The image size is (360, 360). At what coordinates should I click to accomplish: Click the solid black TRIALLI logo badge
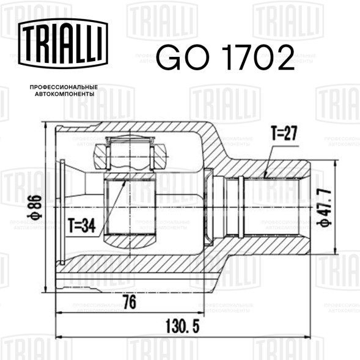63,43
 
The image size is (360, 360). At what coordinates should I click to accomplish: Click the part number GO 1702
226,57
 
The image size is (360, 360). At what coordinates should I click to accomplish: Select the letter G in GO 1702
169,57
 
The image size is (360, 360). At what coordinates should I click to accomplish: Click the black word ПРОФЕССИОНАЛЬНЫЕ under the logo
64,87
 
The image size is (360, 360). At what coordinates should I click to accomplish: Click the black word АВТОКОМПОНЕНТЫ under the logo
65,94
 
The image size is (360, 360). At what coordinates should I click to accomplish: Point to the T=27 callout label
284,133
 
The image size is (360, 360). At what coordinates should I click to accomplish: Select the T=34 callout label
82,226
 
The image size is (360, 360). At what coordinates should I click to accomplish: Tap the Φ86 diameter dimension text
34,207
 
